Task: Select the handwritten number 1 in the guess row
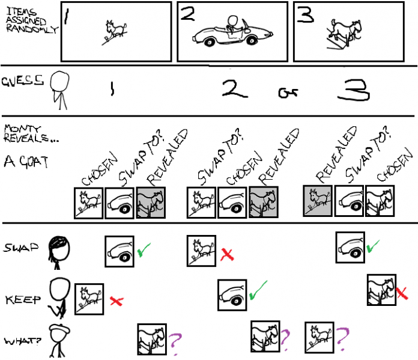tap(111, 90)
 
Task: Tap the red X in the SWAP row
tap(226, 254)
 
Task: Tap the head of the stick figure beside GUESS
tap(59, 81)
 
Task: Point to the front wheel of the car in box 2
tap(208, 42)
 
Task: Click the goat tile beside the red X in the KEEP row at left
tap(89, 299)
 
